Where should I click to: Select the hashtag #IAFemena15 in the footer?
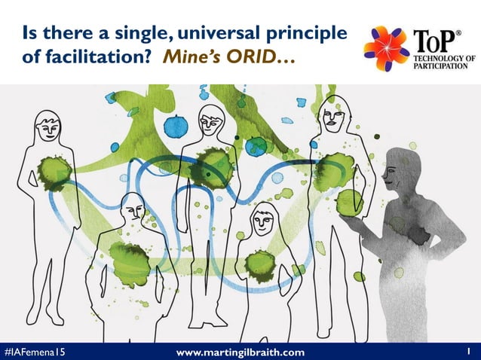pos(33,352)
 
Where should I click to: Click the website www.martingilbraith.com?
pos(240,352)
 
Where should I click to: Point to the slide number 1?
pos(468,351)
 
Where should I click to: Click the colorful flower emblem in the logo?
pos(386,47)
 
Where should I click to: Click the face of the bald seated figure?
pos(133,209)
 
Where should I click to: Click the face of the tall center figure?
pos(210,124)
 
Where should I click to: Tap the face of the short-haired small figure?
pos(263,221)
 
